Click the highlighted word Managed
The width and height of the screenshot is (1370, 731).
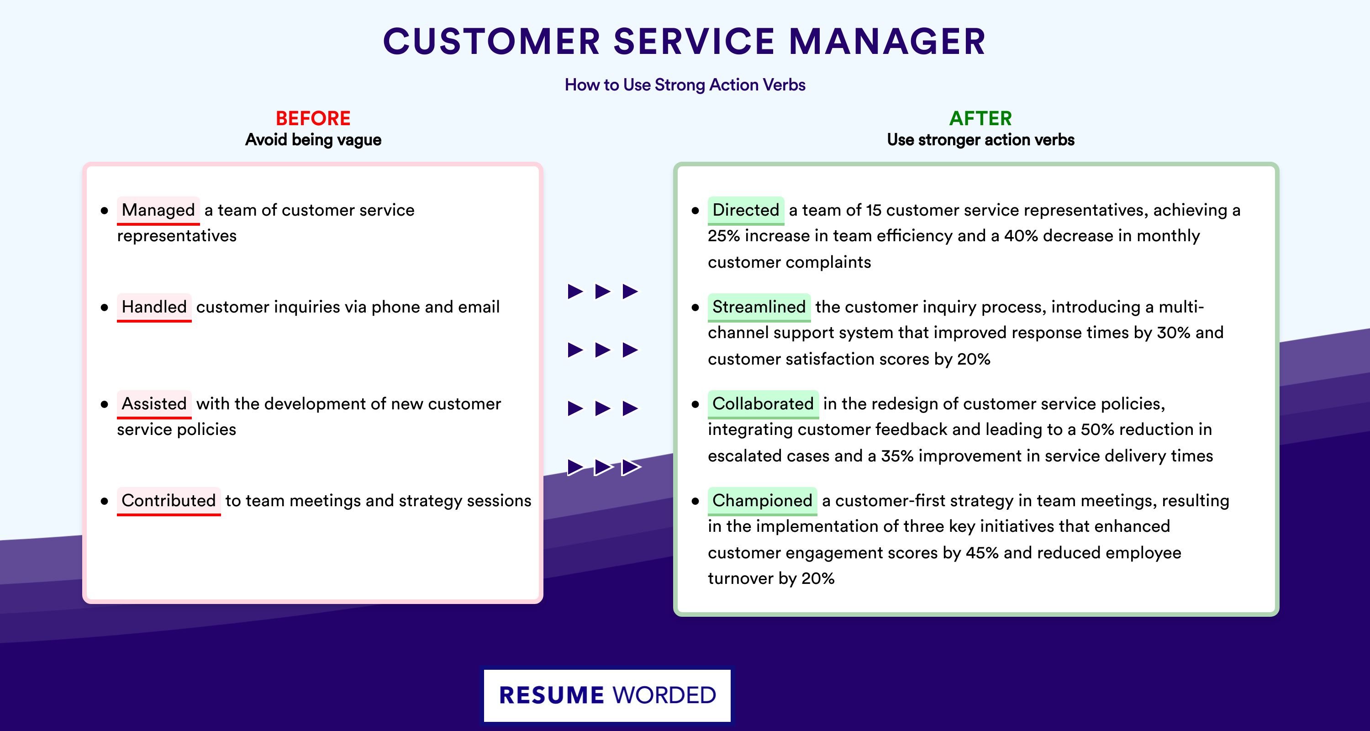pos(158,210)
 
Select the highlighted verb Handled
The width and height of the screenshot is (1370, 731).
pos(154,307)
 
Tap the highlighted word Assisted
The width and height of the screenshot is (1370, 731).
pos(154,404)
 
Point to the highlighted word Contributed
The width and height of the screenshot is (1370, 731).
pos(169,501)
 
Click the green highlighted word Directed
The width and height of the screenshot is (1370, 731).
pos(746,210)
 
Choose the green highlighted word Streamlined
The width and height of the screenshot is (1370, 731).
pos(759,307)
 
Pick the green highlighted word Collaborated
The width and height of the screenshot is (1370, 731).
pos(763,404)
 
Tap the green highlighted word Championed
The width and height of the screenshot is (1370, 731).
pos(762,501)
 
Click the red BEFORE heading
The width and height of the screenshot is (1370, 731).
pos(313,118)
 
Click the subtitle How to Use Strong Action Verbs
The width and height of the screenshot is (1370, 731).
pos(685,85)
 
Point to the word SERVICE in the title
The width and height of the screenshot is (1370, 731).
pos(694,42)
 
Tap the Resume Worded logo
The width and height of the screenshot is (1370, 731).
pos(607,695)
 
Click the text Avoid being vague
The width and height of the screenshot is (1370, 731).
pos(313,140)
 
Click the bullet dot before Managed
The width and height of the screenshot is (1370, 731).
pos(104,211)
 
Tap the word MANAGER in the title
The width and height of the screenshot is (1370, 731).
pos(888,42)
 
